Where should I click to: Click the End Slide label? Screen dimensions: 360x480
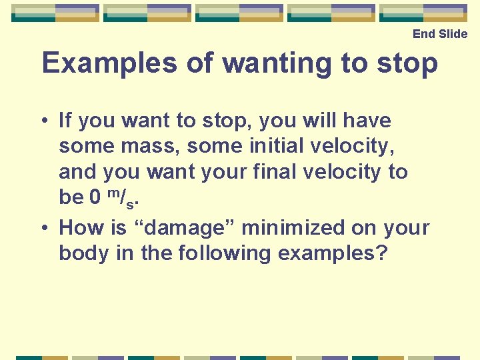tap(440, 34)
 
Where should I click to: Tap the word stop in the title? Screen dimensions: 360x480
tap(407, 63)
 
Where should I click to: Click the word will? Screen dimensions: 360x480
tap(313, 121)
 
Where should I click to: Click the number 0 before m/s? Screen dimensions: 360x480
tap(95, 197)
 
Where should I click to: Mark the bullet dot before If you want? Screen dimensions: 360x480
tap(43, 121)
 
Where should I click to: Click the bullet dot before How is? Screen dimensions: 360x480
tap(43, 229)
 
